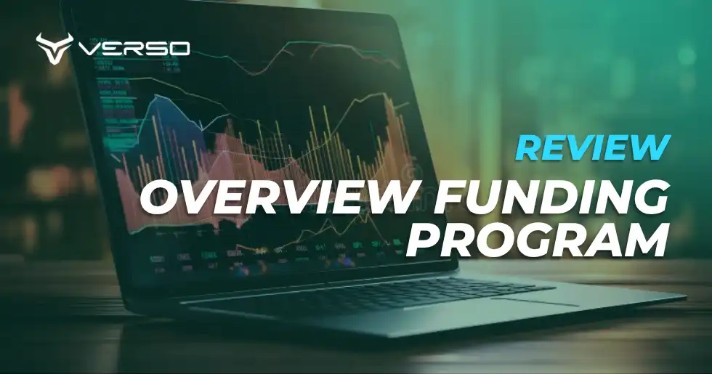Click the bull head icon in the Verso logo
tap(54, 47)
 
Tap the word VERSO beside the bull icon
tap(133, 49)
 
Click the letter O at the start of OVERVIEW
tap(159, 198)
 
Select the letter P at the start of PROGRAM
tap(420, 240)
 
